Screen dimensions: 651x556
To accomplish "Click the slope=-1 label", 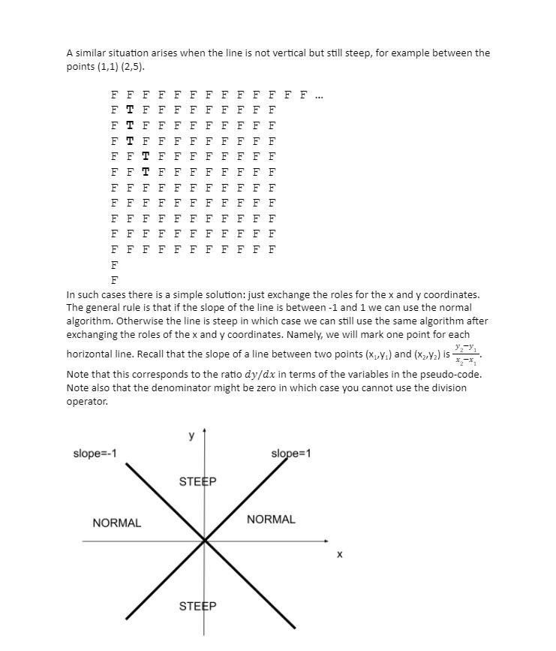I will (95, 454).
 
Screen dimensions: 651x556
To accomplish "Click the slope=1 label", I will (290, 454).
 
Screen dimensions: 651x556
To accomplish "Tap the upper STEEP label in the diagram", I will (197, 481).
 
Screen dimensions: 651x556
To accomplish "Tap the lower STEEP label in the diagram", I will (197, 606).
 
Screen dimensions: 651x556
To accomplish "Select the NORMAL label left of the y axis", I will (116, 523).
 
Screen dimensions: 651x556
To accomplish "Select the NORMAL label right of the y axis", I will (271, 520).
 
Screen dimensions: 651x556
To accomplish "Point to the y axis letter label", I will (191, 436).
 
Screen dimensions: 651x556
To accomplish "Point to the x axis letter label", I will (339, 555).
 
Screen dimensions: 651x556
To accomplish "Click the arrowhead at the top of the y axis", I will (204, 432).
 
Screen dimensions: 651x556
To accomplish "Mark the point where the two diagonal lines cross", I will (204, 541).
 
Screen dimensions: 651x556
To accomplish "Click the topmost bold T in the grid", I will (130, 110).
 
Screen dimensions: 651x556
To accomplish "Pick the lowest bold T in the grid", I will (146, 172).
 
